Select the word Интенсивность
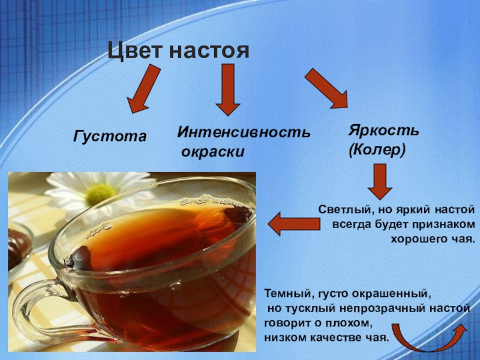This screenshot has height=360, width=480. (244, 132)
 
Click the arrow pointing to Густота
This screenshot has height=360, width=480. (144, 89)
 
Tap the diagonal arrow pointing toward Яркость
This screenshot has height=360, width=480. (326, 88)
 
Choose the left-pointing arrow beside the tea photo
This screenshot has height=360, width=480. (293, 224)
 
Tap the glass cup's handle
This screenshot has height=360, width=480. (36, 306)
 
